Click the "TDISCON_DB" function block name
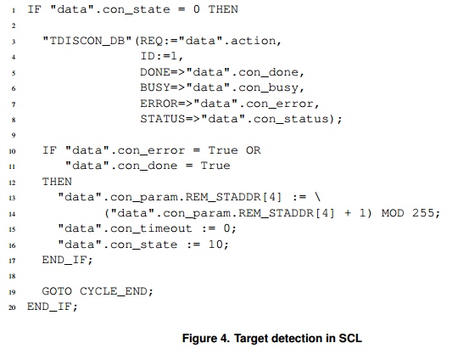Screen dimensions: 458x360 click(x=87, y=41)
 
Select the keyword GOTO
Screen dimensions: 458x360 click(x=57, y=291)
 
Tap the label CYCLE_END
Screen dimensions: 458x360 click(x=114, y=291)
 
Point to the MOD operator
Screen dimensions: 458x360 click(x=393, y=213)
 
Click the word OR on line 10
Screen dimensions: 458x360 click(x=253, y=150)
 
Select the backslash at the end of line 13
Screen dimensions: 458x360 click(x=317, y=197)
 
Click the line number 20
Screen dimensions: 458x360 click(x=12, y=307)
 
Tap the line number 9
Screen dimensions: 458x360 click(x=14, y=135)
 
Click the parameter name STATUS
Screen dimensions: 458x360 click(x=162, y=119)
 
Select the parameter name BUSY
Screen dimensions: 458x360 click(x=155, y=87)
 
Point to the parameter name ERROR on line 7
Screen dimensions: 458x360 click(x=159, y=104)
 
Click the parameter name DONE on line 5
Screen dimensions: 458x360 click(x=155, y=72)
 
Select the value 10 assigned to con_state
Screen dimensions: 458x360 click(x=215, y=245)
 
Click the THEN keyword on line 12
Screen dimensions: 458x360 click(x=57, y=182)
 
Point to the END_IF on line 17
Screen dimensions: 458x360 click(x=64, y=260)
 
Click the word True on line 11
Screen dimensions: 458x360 click(x=215, y=166)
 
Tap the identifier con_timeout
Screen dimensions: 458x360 click(x=151, y=228)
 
